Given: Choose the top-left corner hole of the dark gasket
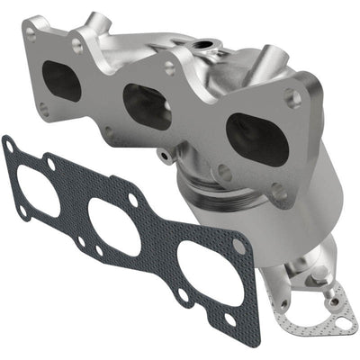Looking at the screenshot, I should click(10, 144).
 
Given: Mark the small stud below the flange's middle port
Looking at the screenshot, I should click(164, 155).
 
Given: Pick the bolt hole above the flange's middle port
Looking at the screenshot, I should click(168, 67).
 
